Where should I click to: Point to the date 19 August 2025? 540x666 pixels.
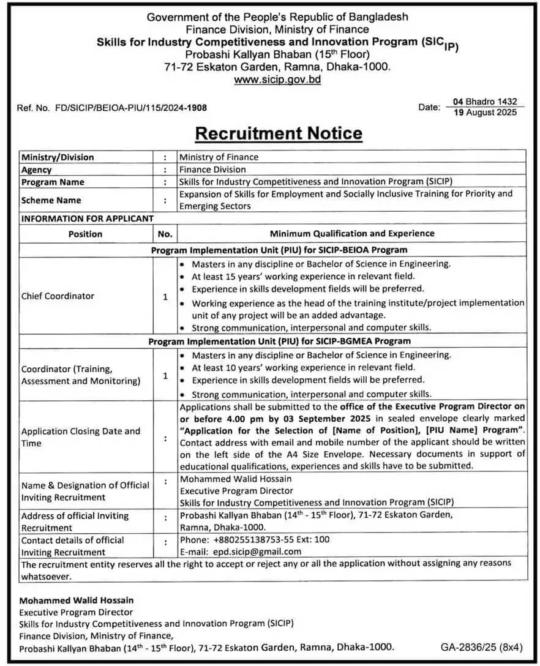coord(485,112)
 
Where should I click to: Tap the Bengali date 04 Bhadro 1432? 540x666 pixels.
coord(485,102)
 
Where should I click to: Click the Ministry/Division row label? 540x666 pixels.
coord(58,157)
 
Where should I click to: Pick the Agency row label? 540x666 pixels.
coord(37,170)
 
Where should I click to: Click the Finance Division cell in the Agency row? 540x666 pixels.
coord(212,170)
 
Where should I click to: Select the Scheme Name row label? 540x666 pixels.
coord(51,200)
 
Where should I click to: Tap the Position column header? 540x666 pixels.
coord(85,234)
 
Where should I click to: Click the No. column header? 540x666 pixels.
coord(165,234)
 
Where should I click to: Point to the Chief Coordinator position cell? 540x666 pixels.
coord(58,296)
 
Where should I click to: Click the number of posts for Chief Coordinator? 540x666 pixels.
coord(165,296)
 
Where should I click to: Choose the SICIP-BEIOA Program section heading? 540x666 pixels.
coord(279,250)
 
